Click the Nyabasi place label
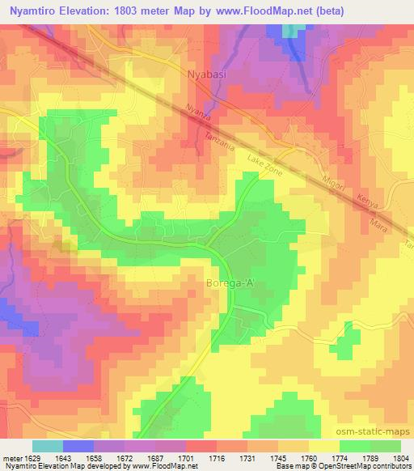pos(196,73)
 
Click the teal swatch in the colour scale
pos(47,446)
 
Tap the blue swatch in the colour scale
pos(78,446)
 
